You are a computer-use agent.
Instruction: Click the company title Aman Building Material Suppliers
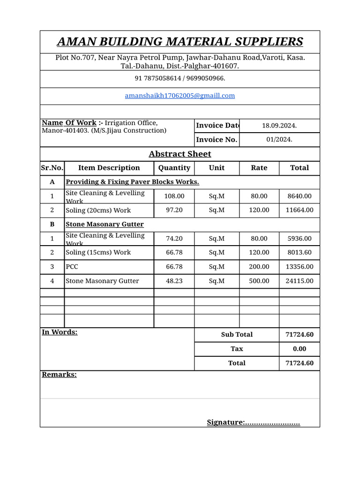(x=180, y=42)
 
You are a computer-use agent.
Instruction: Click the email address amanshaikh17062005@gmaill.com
(x=180, y=96)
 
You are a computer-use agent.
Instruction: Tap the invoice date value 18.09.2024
(x=279, y=126)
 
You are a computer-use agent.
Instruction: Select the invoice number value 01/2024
(x=279, y=140)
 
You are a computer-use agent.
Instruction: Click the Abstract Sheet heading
(x=180, y=154)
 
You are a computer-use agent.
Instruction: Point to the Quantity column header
(x=174, y=168)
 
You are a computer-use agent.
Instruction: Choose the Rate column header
(x=259, y=168)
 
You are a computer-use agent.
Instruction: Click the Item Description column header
(x=109, y=168)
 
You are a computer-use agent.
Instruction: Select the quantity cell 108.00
(x=174, y=196)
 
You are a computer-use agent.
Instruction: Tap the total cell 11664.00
(x=299, y=210)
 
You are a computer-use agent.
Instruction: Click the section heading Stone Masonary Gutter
(x=105, y=225)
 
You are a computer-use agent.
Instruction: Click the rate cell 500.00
(x=259, y=281)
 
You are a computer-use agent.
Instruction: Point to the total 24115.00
(x=299, y=281)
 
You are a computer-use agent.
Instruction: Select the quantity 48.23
(x=174, y=281)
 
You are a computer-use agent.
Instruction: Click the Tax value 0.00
(x=299, y=349)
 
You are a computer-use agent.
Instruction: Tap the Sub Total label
(x=237, y=335)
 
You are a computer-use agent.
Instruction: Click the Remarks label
(x=59, y=375)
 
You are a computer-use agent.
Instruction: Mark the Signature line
(x=253, y=423)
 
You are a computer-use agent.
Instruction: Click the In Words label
(x=60, y=332)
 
